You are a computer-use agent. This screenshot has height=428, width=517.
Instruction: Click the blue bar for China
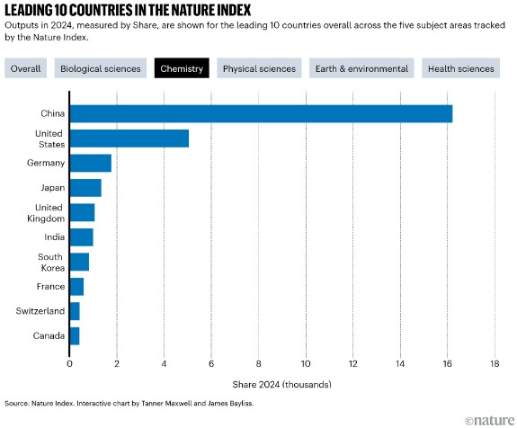[x=261, y=114]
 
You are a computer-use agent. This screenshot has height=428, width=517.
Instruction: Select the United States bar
[x=129, y=138]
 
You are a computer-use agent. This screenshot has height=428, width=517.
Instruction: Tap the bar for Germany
[x=91, y=163]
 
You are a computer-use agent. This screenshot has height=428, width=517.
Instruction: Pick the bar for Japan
[x=85, y=188]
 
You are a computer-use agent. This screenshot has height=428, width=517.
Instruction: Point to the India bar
[x=82, y=237]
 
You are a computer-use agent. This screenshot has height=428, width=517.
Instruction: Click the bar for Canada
[x=75, y=336]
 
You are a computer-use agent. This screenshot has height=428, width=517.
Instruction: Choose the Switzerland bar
[x=75, y=311]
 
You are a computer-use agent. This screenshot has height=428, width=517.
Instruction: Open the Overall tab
[x=26, y=68]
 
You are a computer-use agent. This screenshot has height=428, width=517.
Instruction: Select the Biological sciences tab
[x=101, y=68]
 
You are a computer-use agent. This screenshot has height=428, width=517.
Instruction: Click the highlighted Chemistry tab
[x=182, y=68]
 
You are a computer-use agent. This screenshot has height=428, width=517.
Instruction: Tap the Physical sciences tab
[x=259, y=68]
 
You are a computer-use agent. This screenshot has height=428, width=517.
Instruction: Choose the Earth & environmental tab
[x=361, y=68]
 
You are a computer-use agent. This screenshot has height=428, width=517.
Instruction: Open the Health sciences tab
[x=461, y=68]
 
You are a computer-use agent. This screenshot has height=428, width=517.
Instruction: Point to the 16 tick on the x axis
[x=448, y=363]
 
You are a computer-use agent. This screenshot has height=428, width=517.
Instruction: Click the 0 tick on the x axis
[x=69, y=363]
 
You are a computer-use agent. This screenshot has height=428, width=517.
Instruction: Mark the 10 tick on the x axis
[x=306, y=363]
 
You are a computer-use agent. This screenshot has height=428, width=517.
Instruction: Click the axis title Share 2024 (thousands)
[x=282, y=385]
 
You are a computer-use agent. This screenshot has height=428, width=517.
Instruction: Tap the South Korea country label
[x=51, y=263]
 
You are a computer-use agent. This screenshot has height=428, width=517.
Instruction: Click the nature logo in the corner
[x=490, y=421]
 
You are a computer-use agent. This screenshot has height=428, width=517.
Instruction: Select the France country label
[x=50, y=286]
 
